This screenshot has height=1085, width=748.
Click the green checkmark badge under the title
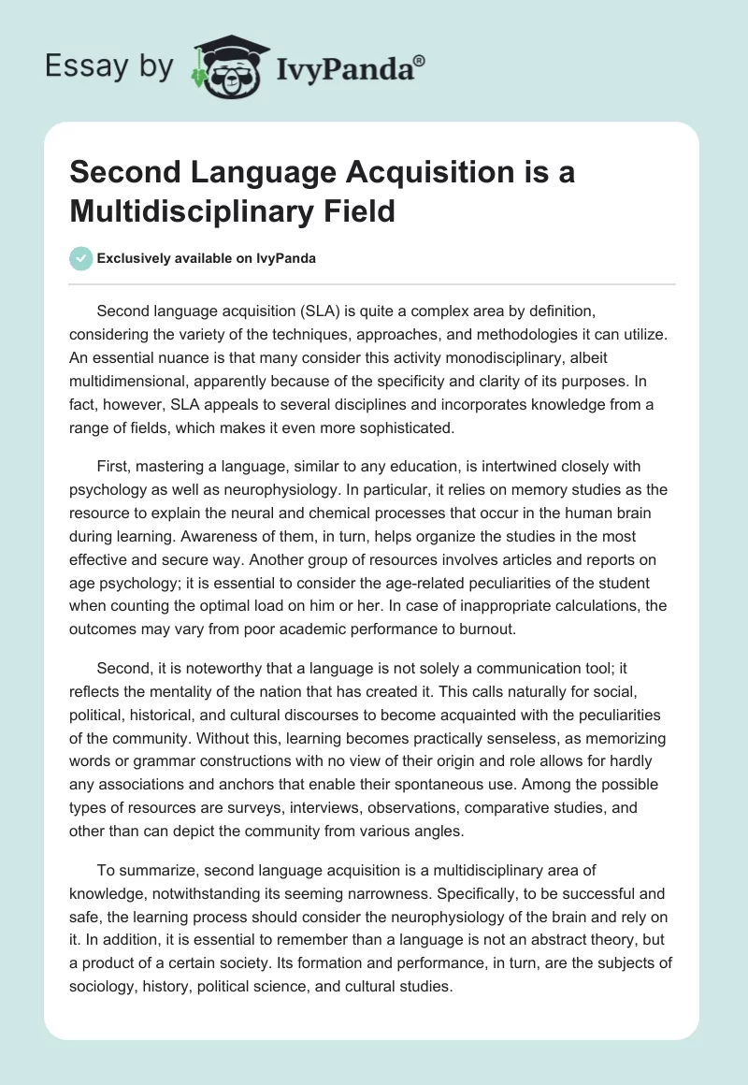(81, 258)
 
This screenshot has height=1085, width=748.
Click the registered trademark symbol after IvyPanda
(420, 59)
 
